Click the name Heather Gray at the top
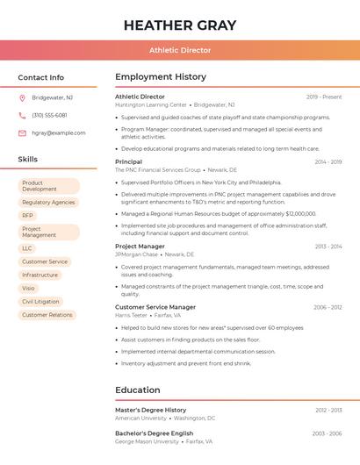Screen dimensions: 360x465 coord(180,24)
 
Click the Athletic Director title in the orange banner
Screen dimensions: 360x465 coord(180,50)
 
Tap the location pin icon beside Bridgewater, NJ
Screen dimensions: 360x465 coord(22,97)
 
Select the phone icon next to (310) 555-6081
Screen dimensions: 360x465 coord(22,115)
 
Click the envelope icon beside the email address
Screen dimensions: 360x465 coord(22,133)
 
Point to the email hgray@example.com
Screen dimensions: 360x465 coord(59,133)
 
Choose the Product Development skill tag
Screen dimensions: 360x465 coord(48,186)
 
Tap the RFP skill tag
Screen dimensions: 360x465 coord(28,215)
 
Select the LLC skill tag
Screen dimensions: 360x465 coord(27,248)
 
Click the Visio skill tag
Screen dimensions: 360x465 coord(29,288)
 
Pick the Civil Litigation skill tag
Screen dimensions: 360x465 coord(41,301)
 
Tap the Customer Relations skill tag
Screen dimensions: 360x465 coord(47,315)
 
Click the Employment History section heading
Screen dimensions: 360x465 coord(161,77)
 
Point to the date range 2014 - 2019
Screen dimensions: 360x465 coord(328,162)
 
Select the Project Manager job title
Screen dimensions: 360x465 coord(140,247)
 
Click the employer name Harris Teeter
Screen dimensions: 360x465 coord(132,315)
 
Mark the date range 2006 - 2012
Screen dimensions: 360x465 coord(328,308)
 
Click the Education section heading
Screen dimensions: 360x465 coord(138,390)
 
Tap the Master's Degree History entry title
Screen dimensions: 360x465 coord(151,410)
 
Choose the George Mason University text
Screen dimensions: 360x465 coord(147,441)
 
